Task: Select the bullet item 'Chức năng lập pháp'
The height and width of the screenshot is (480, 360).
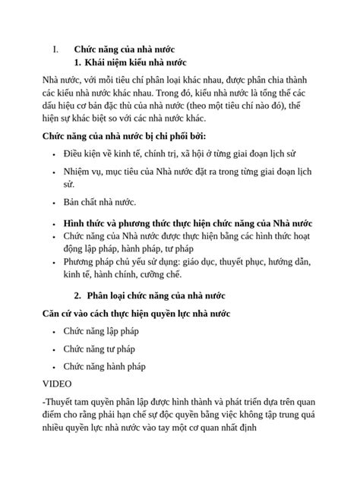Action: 101,331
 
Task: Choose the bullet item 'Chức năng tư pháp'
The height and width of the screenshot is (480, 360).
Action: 99,349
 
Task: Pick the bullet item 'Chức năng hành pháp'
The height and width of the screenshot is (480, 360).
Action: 104,366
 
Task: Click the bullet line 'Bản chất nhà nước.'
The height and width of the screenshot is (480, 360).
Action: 99,202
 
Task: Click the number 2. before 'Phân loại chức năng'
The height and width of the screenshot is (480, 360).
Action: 77,295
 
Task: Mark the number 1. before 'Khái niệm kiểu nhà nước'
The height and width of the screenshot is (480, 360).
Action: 77,62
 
